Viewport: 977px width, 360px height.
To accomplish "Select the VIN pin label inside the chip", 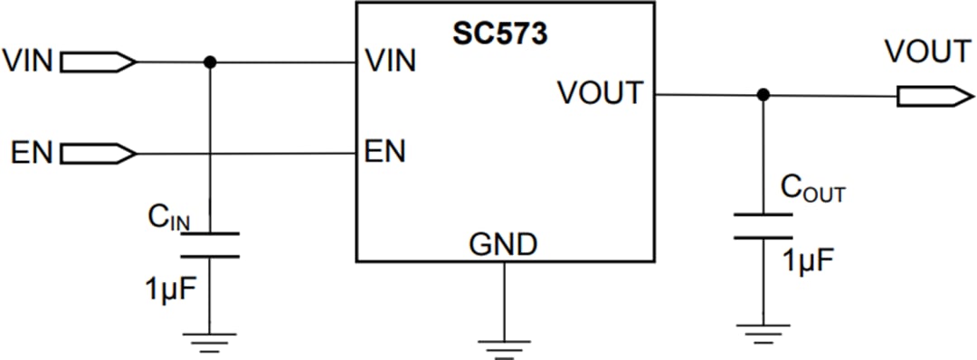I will pyautogui.click(x=390, y=62).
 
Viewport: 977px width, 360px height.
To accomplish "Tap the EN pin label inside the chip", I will pyautogui.click(x=384, y=151).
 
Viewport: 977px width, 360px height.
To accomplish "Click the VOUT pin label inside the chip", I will pyautogui.click(x=601, y=93).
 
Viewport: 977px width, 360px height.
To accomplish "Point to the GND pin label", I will pyautogui.click(x=503, y=243).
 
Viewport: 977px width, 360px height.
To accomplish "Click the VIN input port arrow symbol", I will pyautogui.click(x=99, y=62).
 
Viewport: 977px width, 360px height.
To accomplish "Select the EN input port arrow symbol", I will pyautogui.click(x=99, y=153).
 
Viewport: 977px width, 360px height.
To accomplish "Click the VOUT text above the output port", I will pyautogui.click(x=928, y=52).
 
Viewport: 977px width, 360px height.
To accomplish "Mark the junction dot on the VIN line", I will pyautogui.click(x=210, y=62).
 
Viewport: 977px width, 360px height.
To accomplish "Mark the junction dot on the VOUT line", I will pyautogui.click(x=763, y=95).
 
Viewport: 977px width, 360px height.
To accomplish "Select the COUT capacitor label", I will pyautogui.click(x=811, y=190).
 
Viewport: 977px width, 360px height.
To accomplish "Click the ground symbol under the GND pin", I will pyautogui.click(x=503, y=346).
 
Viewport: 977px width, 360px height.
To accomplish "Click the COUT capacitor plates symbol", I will pyautogui.click(x=763, y=226).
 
